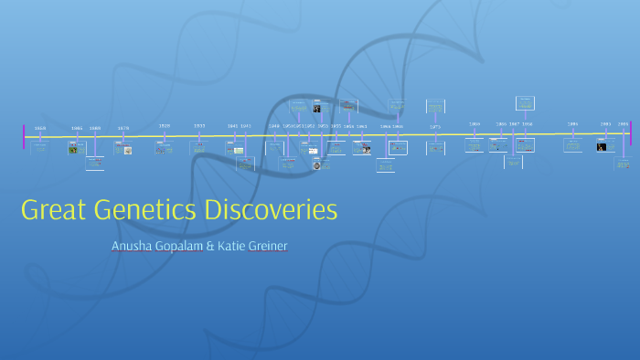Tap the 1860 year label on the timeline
pyautogui.click(x=40, y=129)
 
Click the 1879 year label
pyautogui.click(x=123, y=129)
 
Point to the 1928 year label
pyautogui.click(x=165, y=125)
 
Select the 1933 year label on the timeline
pyautogui.click(x=199, y=125)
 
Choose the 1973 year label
pyautogui.click(x=435, y=128)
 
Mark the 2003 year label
pyautogui.click(x=605, y=124)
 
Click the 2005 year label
pyautogui.click(x=623, y=124)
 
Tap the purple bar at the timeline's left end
pyautogui.click(x=25, y=136)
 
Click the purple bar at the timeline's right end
pyautogui.click(x=631, y=133)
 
